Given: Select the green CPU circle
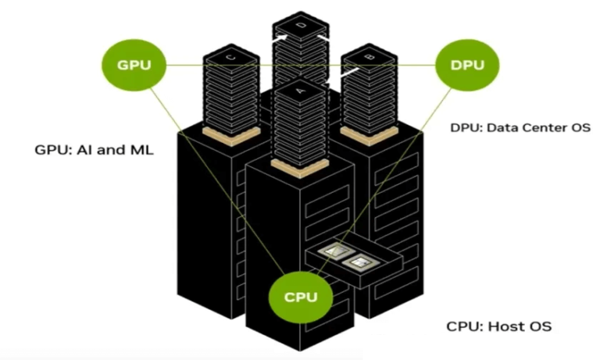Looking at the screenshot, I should tap(299, 298).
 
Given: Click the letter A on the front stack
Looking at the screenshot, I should tap(299, 90).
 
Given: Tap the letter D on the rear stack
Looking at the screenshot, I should tap(301, 25).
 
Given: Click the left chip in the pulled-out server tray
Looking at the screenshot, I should tap(334, 251).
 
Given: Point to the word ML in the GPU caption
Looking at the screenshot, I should tap(141, 149).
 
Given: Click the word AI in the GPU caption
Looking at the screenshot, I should tap(84, 149).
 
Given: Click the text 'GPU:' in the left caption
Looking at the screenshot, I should tap(52, 149).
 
